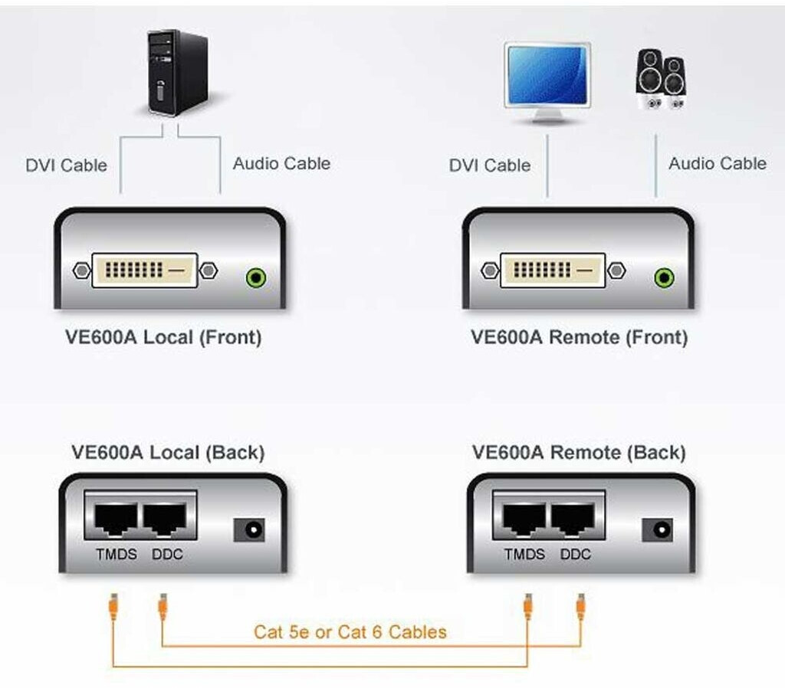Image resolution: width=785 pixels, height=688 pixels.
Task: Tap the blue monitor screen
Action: [x=547, y=75]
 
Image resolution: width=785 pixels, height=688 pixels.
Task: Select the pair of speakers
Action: [x=661, y=80]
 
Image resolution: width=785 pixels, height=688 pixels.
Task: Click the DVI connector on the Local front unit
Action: [x=144, y=270]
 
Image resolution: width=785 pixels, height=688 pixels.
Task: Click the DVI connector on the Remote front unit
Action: [x=552, y=270]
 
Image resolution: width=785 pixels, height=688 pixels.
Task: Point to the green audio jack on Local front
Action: [x=256, y=277]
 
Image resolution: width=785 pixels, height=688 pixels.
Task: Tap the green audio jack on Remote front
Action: [x=664, y=277]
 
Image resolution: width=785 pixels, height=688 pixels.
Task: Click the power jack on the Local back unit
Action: [x=250, y=529]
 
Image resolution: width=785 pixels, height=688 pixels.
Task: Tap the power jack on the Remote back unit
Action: [x=658, y=529]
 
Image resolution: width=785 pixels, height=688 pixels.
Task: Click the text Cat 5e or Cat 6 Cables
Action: [x=350, y=632]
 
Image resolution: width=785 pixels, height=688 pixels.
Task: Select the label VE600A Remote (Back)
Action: [x=579, y=452]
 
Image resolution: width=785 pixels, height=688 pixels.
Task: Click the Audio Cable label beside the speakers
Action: [x=717, y=163]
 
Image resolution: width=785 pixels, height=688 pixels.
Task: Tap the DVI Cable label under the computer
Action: [x=66, y=165]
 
